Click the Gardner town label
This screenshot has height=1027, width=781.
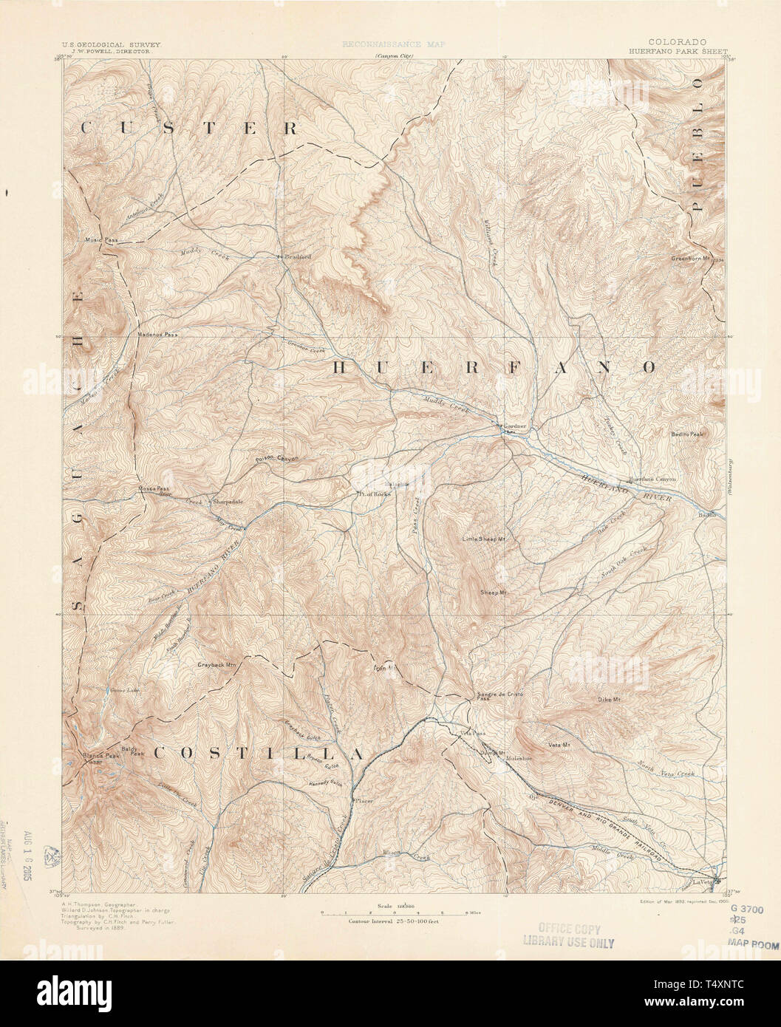pos(515,426)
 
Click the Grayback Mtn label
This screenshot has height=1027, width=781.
pos(216,665)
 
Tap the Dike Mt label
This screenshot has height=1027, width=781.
pos(608,698)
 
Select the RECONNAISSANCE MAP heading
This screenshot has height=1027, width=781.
pos(394,45)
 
